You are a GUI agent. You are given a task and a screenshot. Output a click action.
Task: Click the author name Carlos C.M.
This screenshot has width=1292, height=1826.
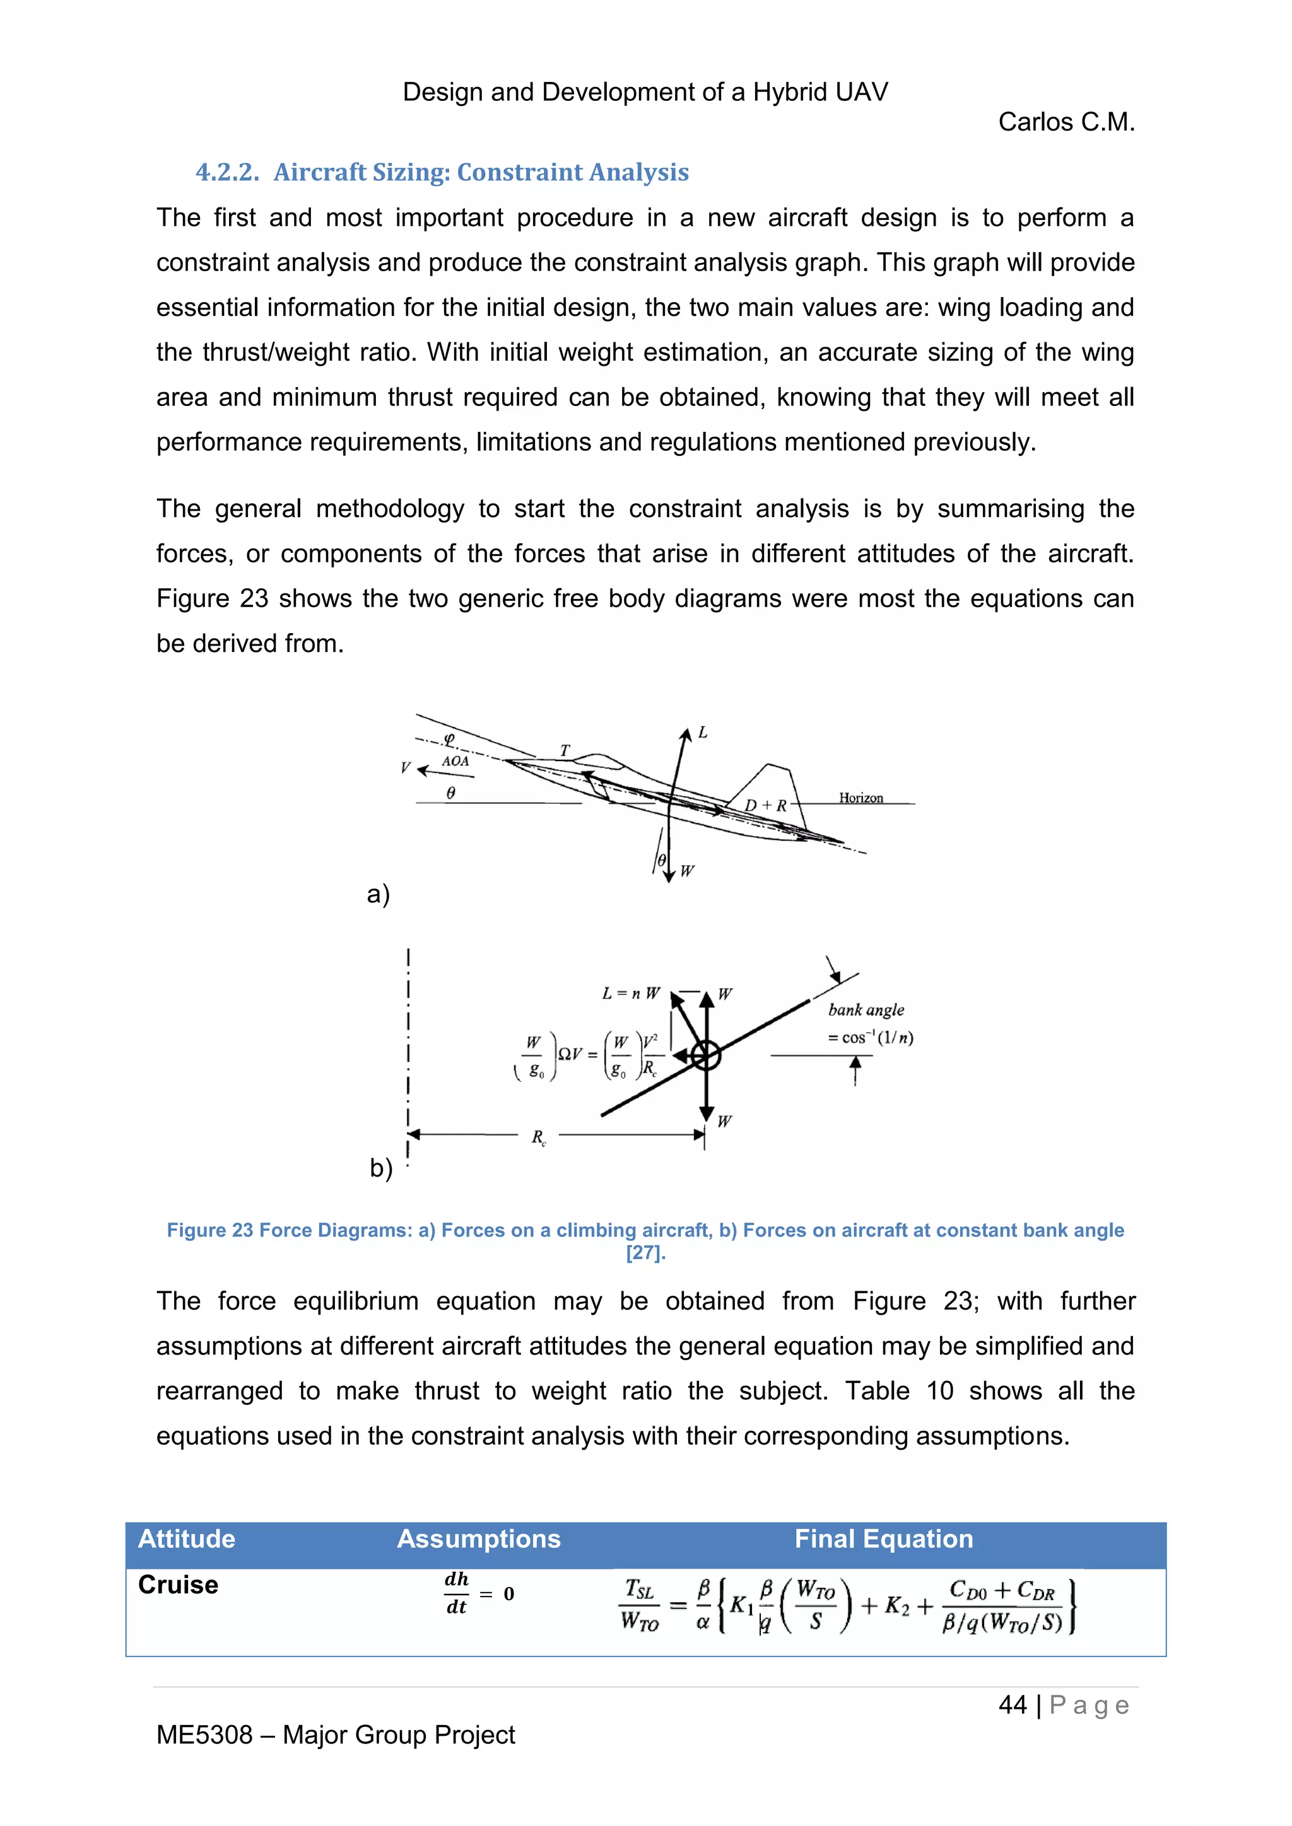click(1066, 122)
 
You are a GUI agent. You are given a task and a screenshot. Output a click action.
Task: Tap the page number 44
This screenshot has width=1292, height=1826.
click(1012, 1704)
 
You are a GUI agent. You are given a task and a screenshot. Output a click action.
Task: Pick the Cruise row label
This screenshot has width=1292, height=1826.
click(178, 1585)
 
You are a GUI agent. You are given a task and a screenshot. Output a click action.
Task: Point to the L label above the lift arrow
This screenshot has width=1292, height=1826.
click(703, 733)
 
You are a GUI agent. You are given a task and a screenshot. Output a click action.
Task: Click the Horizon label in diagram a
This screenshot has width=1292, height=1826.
click(860, 798)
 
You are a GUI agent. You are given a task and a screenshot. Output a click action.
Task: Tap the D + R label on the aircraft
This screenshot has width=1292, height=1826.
click(765, 806)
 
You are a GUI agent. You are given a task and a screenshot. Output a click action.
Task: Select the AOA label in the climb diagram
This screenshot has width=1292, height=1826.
click(455, 761)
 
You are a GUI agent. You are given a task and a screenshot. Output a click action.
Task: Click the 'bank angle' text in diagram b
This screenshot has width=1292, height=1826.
click(866, 1010)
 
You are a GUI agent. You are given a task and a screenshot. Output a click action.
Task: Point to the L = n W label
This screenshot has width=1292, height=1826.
click(631, 993)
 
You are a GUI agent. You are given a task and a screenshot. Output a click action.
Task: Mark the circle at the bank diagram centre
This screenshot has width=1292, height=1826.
click(705, 1055)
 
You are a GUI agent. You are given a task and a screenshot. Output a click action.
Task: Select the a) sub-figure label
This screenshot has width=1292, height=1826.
click(378, 894)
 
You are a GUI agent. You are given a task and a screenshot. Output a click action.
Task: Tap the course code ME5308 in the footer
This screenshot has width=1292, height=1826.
click(204, 1735)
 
